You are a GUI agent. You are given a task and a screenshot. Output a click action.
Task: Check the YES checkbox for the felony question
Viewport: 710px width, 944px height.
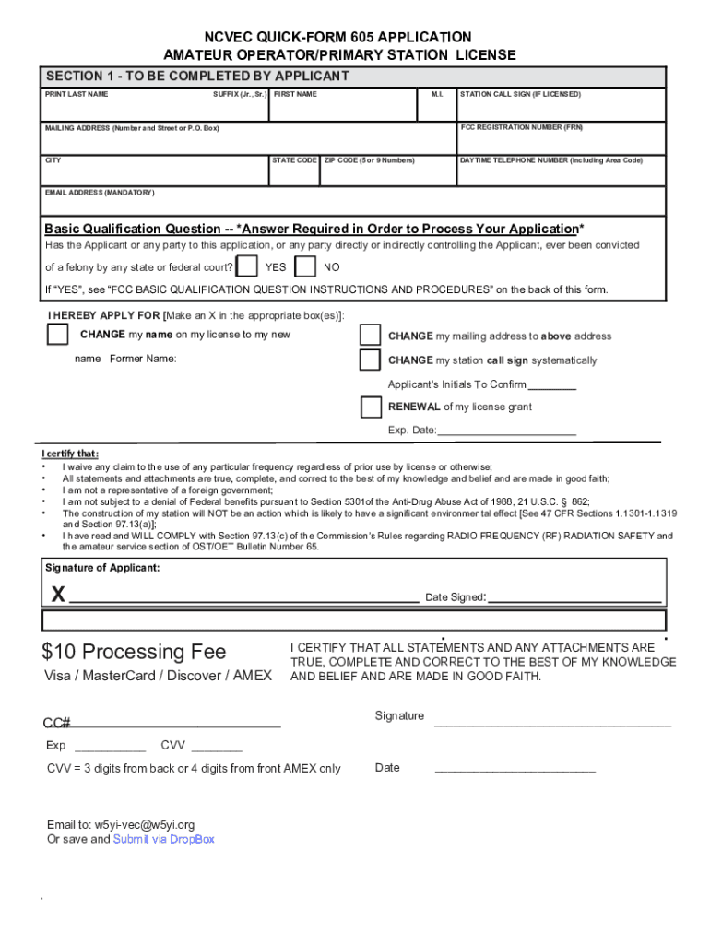point(247,267)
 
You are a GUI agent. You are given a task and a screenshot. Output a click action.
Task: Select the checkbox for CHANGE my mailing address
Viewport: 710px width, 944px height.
point(370,335)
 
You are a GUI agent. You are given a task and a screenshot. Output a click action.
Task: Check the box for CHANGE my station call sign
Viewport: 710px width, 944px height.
point(370,360)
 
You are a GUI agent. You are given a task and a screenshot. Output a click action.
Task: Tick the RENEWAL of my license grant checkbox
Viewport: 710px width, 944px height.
point(371,407)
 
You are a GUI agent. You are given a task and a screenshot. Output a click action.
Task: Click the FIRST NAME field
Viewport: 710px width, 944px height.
point(346,109)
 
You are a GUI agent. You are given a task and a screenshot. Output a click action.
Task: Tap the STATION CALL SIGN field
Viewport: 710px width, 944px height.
point(561,109)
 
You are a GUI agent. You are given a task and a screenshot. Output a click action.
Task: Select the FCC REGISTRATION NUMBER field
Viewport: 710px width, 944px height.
point(561,141)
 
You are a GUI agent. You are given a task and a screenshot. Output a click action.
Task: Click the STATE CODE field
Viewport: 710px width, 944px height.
point(294,174)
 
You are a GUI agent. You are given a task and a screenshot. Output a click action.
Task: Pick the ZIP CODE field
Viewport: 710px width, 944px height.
point(387,174)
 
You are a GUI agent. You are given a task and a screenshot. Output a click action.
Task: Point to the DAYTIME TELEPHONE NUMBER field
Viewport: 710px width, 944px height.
point(561,174)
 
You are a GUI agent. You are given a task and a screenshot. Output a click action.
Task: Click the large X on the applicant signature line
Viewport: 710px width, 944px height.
point(58,596)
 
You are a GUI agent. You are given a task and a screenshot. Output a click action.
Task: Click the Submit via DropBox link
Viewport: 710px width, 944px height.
point(163,839)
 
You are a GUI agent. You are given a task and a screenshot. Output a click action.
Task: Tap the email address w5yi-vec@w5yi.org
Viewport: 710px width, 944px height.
point(145,825)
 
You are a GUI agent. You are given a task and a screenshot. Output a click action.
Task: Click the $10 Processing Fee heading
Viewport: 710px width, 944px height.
point(134,652)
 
